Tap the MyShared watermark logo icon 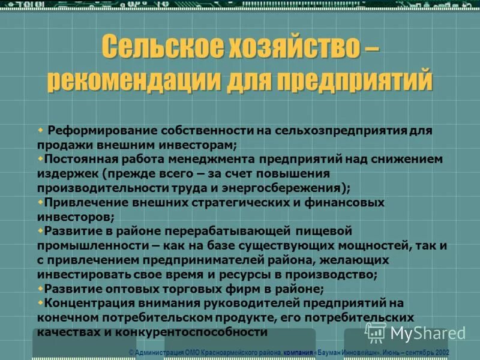(375, 332)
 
